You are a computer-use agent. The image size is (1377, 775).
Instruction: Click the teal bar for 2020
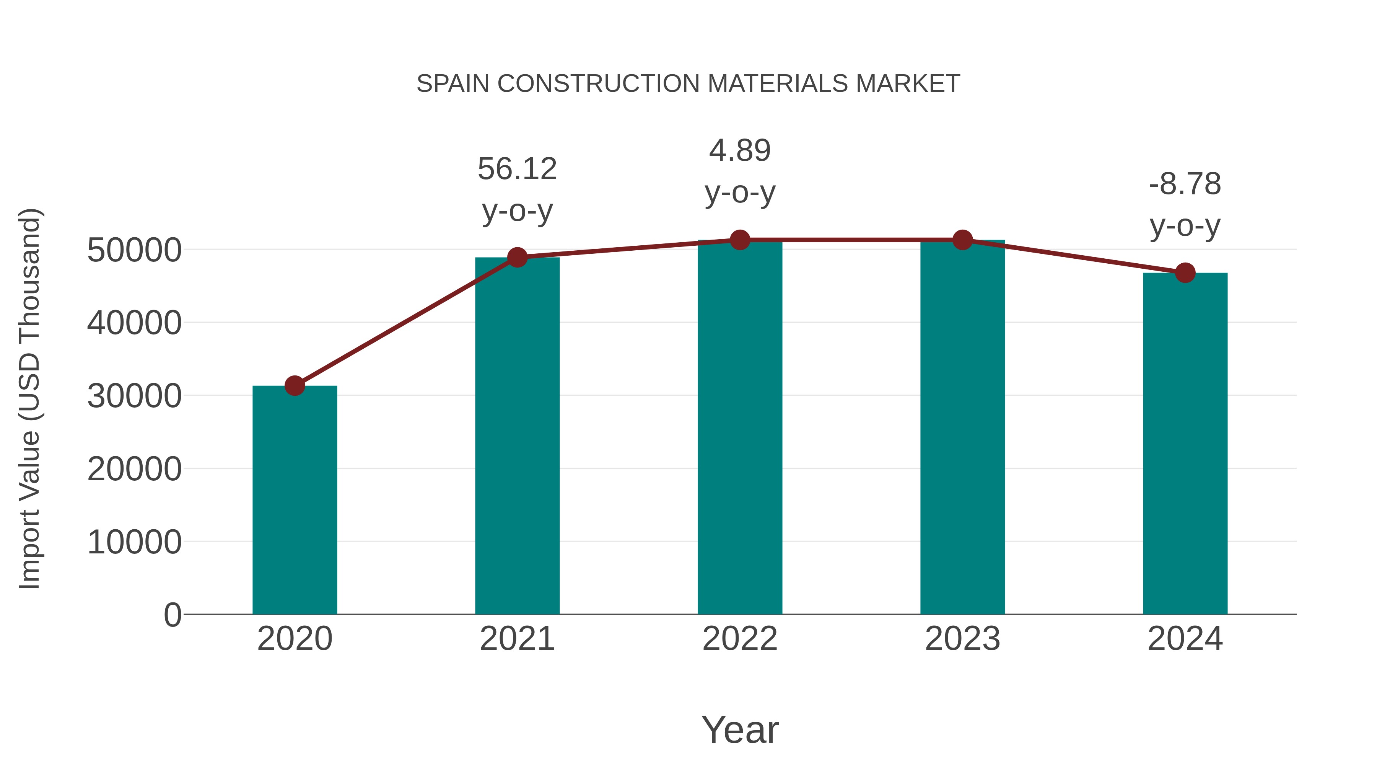(295, 500)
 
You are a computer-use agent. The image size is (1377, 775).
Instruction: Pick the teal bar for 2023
(962, 428)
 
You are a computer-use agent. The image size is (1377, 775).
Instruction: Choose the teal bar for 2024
(1185, 444)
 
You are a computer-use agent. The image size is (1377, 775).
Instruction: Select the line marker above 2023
(962, 240)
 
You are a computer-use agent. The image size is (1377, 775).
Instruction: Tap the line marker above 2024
(1185, 273)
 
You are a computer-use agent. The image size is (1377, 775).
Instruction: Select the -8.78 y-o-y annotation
(1185, 204)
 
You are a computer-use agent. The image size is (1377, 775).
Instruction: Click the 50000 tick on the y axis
(134, 250)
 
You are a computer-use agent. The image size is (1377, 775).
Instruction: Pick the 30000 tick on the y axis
(134, 396)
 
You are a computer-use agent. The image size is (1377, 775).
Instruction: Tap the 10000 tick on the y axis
(134, 542)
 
